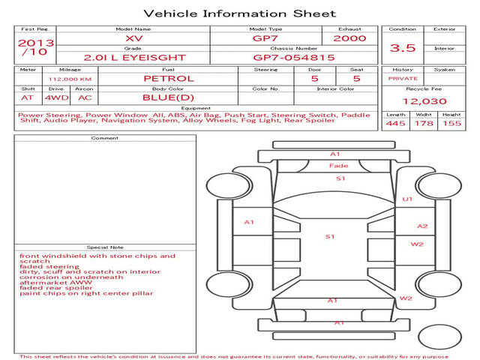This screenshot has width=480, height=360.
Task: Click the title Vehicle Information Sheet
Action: click(x=239, y=13)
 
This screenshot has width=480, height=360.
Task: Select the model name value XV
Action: click(x=133, y=38)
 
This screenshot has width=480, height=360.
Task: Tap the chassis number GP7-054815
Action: click(x=294, y=57)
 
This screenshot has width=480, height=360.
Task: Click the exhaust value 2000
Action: click(x=349, y=38)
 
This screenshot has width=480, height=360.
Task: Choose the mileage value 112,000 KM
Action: click(x=70, y=78)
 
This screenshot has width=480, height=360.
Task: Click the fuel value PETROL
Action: click(x=169, y=78)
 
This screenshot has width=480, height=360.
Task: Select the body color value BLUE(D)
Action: click(x=169, y=97)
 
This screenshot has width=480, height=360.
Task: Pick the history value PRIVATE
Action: click(x=403, y=78)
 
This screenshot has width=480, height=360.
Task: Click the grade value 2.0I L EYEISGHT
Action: click(x=133, y=57)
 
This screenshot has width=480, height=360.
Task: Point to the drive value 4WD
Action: click(x=54, y=97)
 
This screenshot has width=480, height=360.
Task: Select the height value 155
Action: click(x=451, y=123)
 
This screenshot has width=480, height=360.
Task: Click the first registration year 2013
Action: click(x=35, y=43)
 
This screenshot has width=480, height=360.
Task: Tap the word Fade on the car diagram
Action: click(x=338, y=166)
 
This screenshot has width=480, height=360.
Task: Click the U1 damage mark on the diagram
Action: click(x=407, y=199)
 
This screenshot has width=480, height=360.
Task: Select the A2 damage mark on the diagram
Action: click(x=422, y=226)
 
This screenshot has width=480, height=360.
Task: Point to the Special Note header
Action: click(x=105, y=247)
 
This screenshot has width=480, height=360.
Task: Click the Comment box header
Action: click(x=105, y=138)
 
